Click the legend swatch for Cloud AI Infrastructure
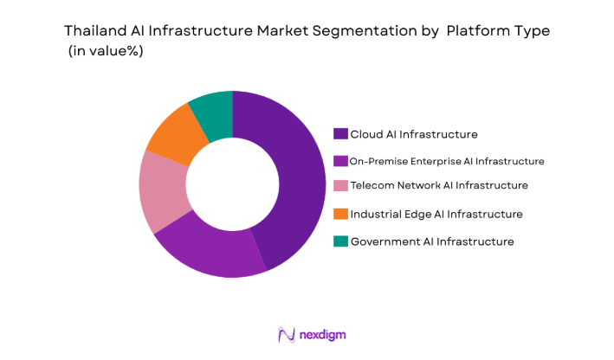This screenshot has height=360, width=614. click(341, 134)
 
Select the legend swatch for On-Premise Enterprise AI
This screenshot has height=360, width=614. click(341, 161)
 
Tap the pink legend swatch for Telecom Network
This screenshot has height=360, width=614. click(341, 186)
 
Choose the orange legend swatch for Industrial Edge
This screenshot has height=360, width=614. click(341, 214)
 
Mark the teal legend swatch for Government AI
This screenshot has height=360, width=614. click(341, 241)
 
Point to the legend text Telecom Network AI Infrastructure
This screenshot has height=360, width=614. click(439, 186)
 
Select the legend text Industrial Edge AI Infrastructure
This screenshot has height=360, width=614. click(436, 214)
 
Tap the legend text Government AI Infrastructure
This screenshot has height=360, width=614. click(432, 241)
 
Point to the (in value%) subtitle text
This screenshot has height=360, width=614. click(106, 52)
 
